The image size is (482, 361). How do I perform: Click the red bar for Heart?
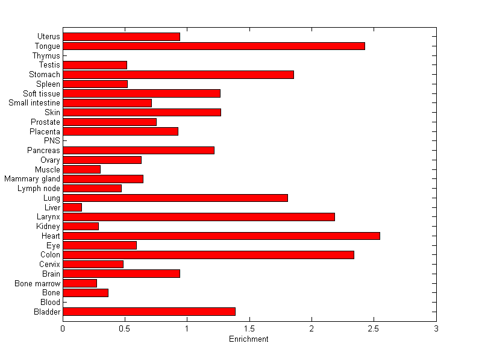pyautogui.click(x=221, y=236)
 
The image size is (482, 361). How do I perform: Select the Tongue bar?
pyautogui.click(x=214, y=46)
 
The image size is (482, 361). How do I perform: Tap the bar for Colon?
pyautogui.click(x=208, y=255)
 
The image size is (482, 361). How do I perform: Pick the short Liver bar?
pyautogui.click(x=72, y=207)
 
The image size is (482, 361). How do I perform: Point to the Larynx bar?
pyautogui.click(x=199, y=217)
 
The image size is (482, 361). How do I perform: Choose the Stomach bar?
pyautogui.click(x=178, y=75)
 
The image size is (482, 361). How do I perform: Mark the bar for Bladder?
pyautogui.click(x=149, y=312)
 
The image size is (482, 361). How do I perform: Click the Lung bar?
pyautogui.click(x=175, y=198)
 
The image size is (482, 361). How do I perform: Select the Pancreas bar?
pyautogui.click(x=139, y=150)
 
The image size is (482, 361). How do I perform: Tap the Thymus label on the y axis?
pyautogui.click(x=46, y=55)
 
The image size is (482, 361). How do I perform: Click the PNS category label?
pyautogui.click(x=52, y=141)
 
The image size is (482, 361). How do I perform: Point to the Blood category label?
pyautogui.click(x=50, y=302)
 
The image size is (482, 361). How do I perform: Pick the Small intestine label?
pyautogui.click(x=34, y=103)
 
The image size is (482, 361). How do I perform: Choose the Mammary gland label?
pyautogui.click(x=32, y=179)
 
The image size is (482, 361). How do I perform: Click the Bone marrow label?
pyautogui.click(x=37, y=283)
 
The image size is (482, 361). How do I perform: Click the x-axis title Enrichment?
pyautogui.click(x=249, y=339)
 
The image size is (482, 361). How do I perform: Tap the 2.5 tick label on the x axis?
pyautogui.click(x=374, y=328)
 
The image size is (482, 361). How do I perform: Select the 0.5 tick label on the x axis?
pyautogui.click(x=125, y=328)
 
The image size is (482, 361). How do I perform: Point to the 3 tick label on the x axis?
pyautogui.click(x=436, y=328)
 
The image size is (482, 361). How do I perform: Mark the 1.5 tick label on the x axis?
pyautogui.click(x=249, y=328)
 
